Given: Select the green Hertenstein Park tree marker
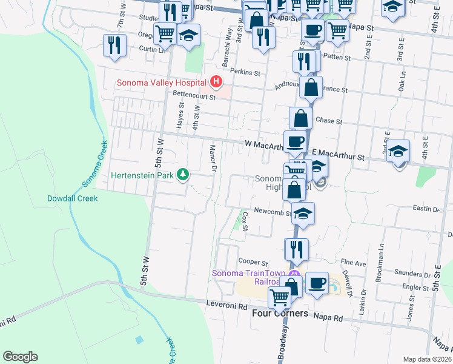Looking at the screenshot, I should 182,175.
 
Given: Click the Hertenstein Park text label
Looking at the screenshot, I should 143,175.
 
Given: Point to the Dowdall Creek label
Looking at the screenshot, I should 72,198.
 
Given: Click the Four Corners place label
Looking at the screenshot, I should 280,314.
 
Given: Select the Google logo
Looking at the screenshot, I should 20,356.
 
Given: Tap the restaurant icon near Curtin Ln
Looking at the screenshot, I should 114,45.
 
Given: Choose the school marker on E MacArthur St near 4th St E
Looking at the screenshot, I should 398,151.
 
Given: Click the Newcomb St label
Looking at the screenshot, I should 273,212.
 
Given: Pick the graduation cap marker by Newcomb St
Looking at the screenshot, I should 303,214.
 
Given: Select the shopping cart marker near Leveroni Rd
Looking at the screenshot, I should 279,297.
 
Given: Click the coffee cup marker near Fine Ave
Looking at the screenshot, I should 316,283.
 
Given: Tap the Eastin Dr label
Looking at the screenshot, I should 426,209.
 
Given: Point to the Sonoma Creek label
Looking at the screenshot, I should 94,163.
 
